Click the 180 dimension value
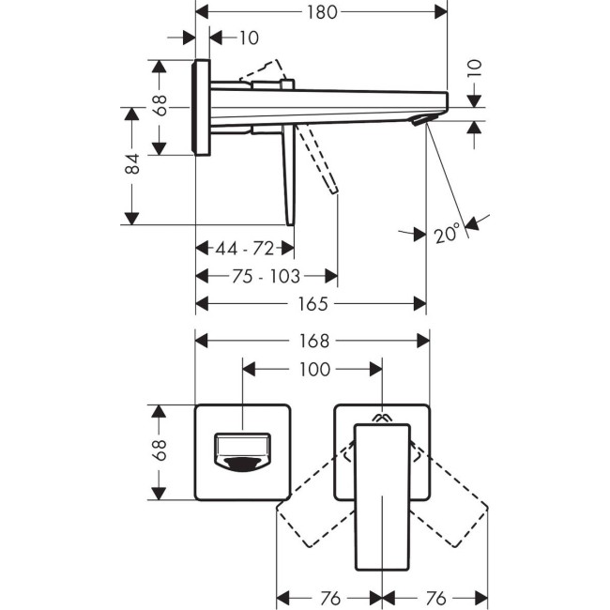(320, 12)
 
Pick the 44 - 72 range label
(244, 249)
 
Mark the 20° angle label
(448, 233)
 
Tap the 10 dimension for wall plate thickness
(249, 38)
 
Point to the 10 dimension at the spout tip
(474, 68)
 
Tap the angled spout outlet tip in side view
(422, 119)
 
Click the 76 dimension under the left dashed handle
(328, 598)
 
